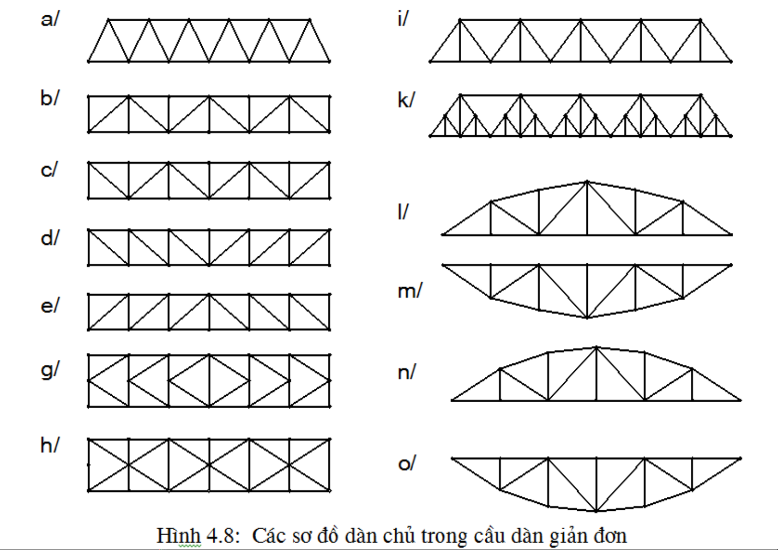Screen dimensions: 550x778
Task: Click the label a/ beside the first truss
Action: click(x=50, y=19)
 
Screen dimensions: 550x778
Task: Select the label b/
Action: click(x=50, y=98)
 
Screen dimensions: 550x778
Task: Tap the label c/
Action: click(x=49, y=170)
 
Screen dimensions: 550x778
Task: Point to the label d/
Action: click(x=50, y=238)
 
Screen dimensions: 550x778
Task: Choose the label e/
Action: click(x=50, y=306)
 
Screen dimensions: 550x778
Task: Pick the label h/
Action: click(x=50, y=445)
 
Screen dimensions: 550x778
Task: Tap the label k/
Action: click(x=406, y=99)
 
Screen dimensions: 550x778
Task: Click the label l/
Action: click(x=403, y=212)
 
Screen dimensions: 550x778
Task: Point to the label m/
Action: click(x=410, y=291)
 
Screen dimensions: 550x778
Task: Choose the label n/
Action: click(x=406, y=372)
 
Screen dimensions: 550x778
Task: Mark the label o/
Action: click(x=406, y=463)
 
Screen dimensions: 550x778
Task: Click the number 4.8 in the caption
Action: click(x=223, y=536)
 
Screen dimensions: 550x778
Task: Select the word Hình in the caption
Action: click(x=179, y=536)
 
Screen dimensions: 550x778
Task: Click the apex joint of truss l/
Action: click(x=587, y=182)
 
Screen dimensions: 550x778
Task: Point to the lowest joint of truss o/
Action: click(x=596, y=511)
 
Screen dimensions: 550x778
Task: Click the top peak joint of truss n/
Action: click(x=596, y=347)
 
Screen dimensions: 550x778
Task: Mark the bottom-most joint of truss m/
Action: click(x=587, y=318)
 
